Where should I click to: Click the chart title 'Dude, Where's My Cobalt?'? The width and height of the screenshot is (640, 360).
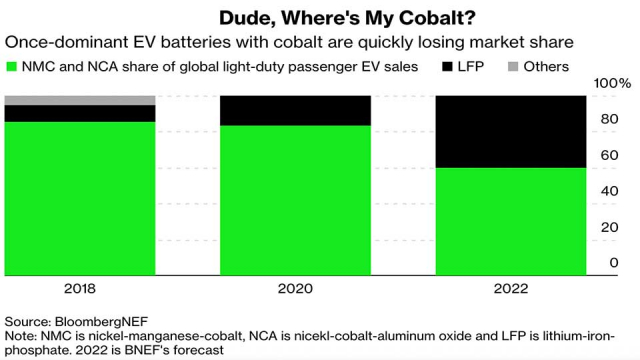coord(319,17)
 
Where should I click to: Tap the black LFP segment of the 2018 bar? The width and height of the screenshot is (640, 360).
coord(80,113)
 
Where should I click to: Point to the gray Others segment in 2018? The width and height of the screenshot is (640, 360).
coord(80,100)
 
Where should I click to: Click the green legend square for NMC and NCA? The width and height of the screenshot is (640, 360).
coord(12,67)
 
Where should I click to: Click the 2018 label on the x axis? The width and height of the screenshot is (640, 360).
coord(80,289)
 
